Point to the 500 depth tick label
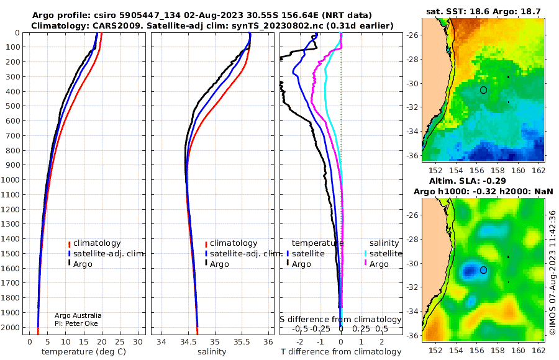tap(12, 106)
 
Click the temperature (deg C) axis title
tap(84, 352)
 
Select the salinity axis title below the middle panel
tap(212, 352)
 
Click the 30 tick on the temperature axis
tap(138, 342)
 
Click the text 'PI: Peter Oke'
tap(76, 323)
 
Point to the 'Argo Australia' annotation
tap(78, 315)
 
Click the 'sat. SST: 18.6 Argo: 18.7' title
tap(483, 12)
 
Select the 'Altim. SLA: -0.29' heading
tap(467, 181)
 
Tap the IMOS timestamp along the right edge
tap(552, 272)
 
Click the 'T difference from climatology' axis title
tap(341, 352)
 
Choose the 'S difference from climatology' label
tap(340, 320)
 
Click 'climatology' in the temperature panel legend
tap(97, 243)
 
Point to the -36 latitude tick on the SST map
tap(413, 156)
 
